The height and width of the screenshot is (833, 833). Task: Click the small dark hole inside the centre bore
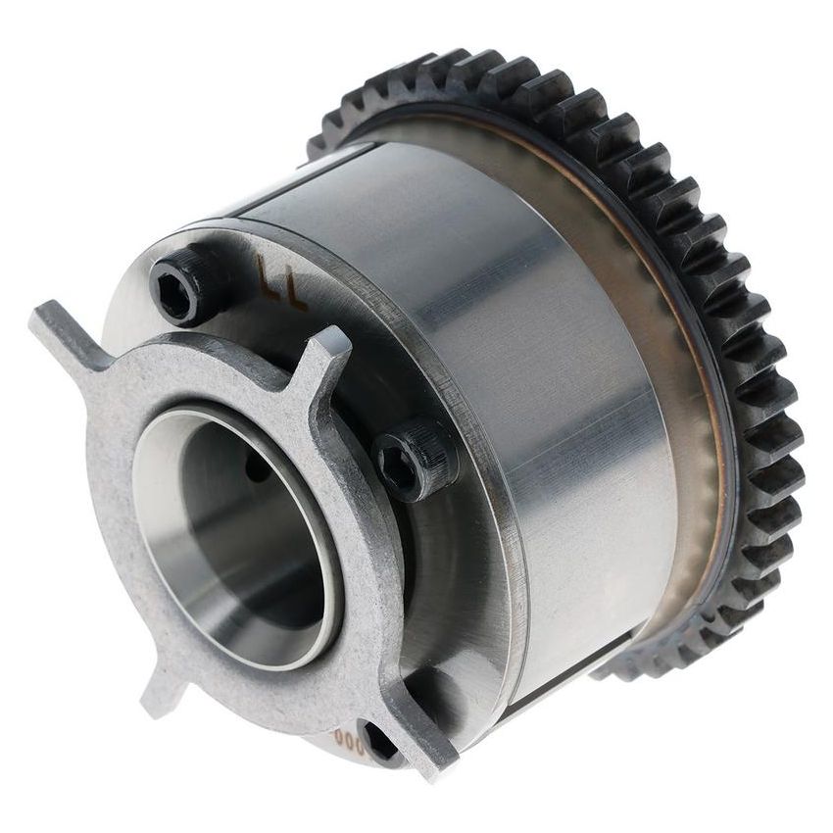click(258, 470)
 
